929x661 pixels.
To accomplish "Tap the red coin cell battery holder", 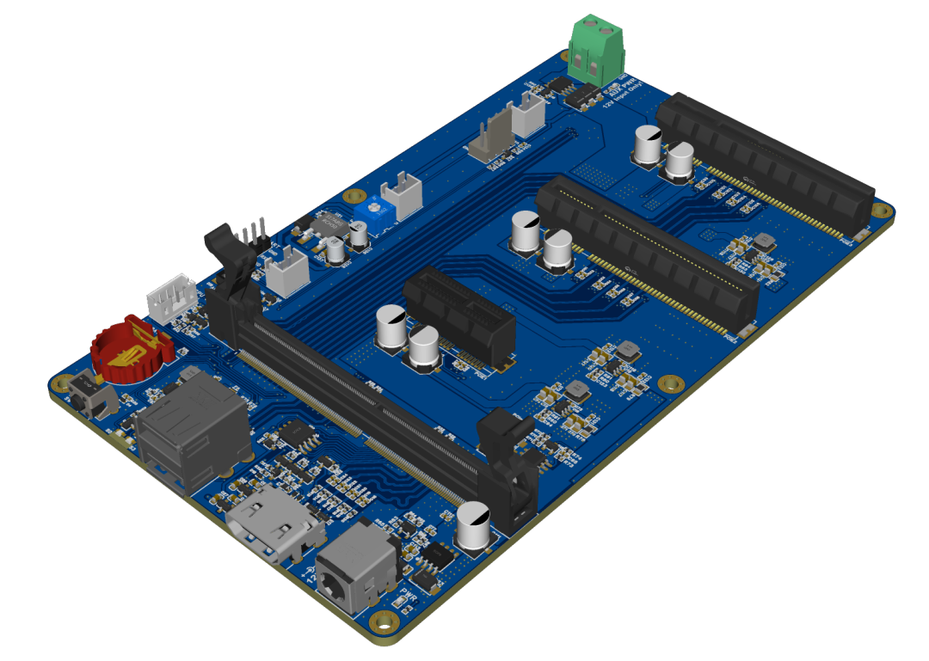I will click(x=132, y=348).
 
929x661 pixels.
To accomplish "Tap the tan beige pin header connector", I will click(x=490, y=138).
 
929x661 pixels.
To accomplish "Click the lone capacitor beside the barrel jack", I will click(x=474, y=525).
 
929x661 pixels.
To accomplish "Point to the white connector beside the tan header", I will click(x=528, y=113).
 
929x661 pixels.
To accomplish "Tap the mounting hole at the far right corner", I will click(x=880, y=210).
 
